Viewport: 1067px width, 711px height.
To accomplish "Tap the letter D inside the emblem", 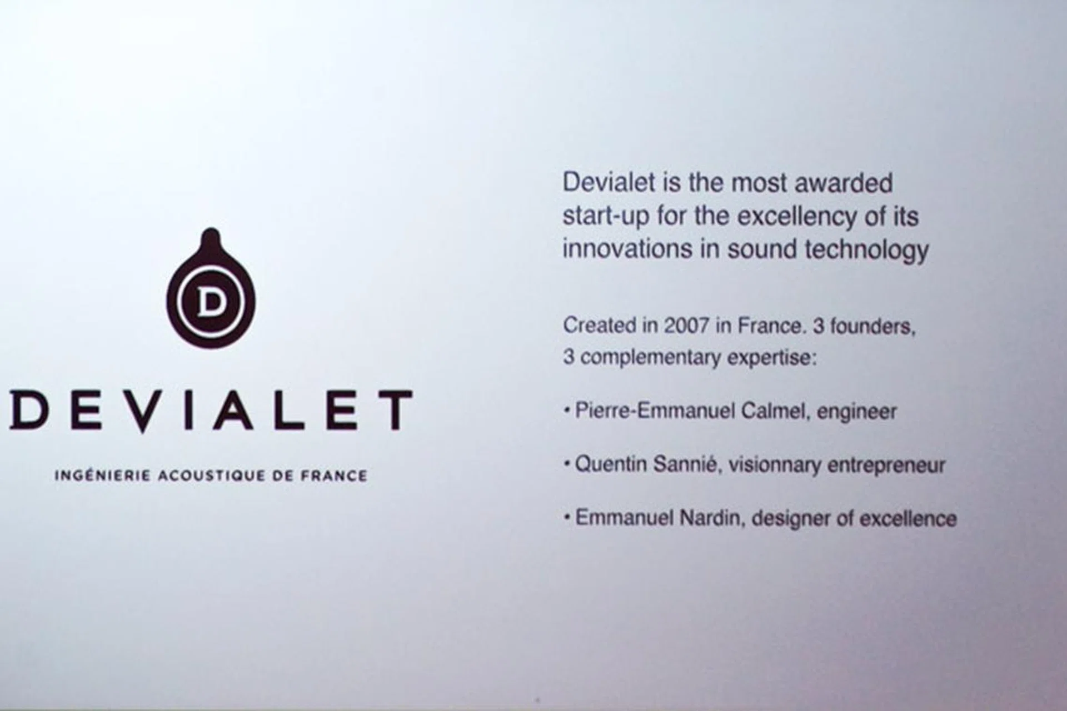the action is coord(211,301).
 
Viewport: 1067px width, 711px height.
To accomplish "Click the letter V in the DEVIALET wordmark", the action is coord(142,411).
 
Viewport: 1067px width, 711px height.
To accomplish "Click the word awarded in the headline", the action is coord(843,183).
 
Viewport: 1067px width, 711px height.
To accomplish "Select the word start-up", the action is coord(606,216).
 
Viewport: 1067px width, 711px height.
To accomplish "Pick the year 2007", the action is coord(686,326).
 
